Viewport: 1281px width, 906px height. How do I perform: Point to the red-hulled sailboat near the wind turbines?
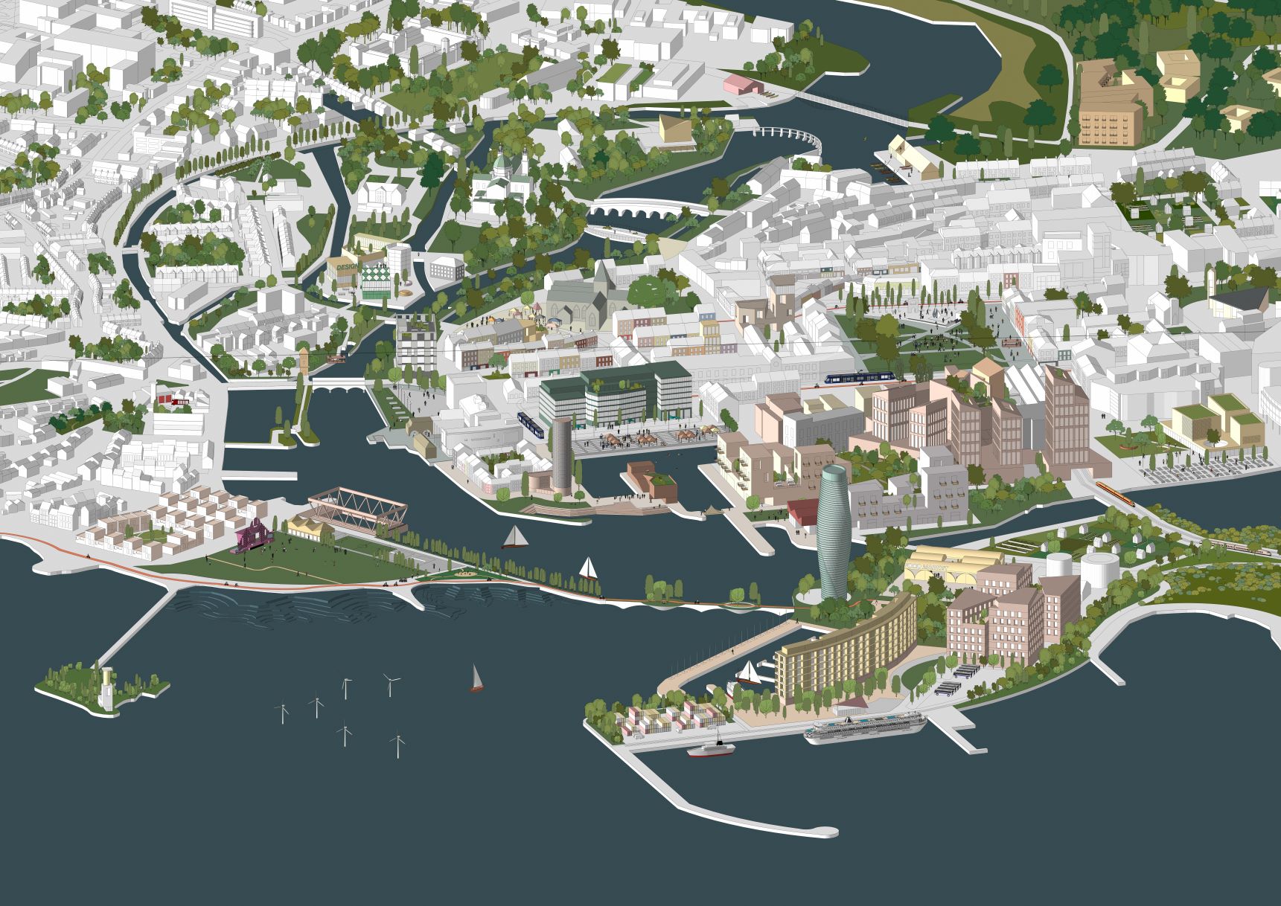[475, 678]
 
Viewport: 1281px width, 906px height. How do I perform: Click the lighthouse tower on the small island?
[109, 688]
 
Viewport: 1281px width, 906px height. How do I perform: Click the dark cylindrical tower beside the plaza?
[561, 454]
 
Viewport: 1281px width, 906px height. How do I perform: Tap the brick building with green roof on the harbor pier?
[649, 480]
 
